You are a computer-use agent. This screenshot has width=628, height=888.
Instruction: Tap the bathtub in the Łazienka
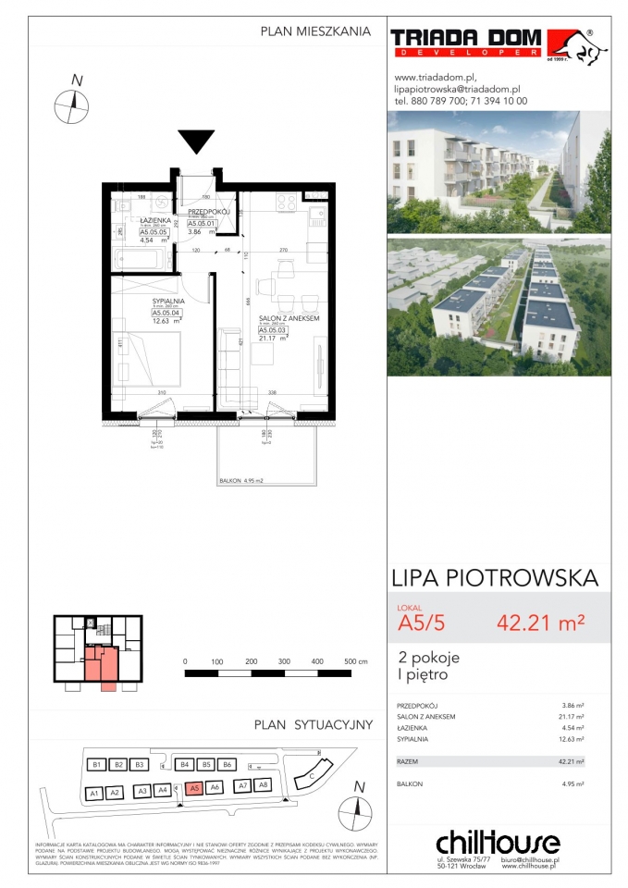point(141,258)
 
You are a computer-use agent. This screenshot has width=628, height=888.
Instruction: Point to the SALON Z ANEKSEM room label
point(289,318)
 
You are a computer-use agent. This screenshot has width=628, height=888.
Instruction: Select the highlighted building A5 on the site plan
point(192,788)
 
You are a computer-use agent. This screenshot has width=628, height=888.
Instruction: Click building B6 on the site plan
point(227,764)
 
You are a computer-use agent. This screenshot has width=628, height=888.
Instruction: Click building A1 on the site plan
point(92,794)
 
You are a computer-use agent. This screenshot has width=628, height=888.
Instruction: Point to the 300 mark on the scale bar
point(284,662)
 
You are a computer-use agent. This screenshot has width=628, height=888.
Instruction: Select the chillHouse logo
point(498,843)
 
